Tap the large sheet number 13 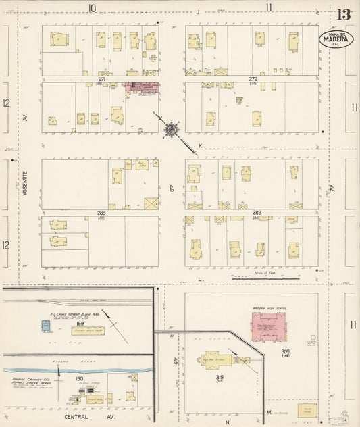344,14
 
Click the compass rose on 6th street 172,128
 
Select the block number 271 102,79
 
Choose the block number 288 102,212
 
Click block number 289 257,213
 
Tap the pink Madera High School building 269,326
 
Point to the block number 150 79,378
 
